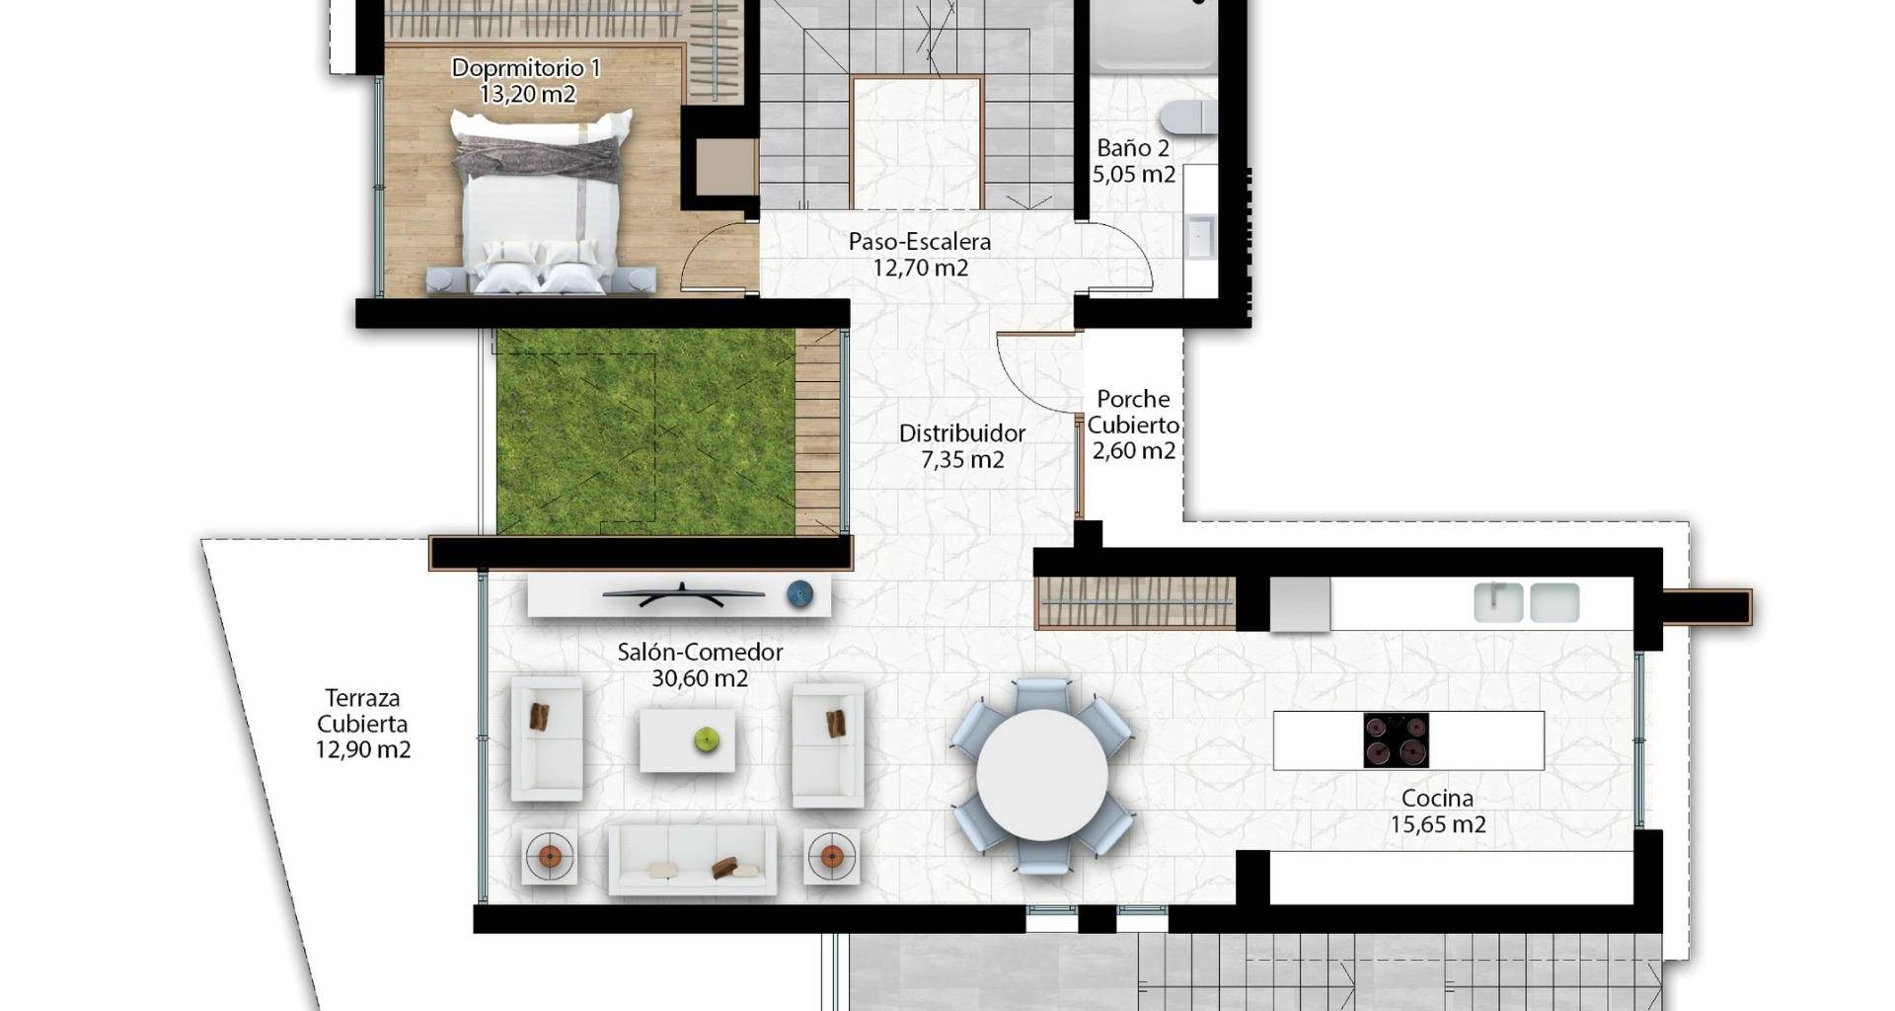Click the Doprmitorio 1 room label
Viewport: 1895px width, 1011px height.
coord(526,68)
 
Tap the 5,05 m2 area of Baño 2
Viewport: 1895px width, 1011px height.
coord(1133,175)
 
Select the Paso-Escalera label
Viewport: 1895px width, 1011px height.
coord(920,242)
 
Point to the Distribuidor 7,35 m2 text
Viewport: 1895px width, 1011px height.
coord(962,446)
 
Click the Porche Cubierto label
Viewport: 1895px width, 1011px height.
coord(1133,412)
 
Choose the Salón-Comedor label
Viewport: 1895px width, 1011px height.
coord(700,652)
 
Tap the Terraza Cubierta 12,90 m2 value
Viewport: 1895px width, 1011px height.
coord(363,749)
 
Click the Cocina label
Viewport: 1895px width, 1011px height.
coord(1438,798)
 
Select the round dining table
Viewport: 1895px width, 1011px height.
coord(1042,775)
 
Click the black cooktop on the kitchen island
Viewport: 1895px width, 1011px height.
coord(1397,739)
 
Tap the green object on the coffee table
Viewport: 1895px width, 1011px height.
coord(706,739)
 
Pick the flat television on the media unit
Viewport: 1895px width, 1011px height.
coord(684,594)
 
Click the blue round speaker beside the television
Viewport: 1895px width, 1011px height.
coord(799,594)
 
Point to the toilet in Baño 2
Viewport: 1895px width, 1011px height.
coord(1188,117)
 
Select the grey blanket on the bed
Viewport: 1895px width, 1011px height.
coord(539,158)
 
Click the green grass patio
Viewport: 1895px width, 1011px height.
coord(645,431)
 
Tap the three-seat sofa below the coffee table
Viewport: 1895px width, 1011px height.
coord(692,860)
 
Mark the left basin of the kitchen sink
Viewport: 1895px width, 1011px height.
coord(1498,602)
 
